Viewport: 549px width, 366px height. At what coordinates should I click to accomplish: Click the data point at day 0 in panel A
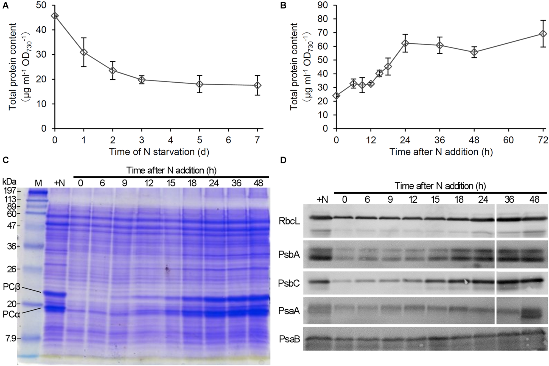click(55, 16)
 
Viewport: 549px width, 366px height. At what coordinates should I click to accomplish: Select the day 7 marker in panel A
click(257, 85)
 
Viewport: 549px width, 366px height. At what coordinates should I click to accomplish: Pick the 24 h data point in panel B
click(405, 43)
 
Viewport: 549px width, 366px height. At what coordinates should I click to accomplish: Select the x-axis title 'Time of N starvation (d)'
click(159, 152)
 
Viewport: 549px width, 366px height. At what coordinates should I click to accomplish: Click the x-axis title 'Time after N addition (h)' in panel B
click(441, 152)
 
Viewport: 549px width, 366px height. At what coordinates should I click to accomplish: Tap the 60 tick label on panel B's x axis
click(508, 140)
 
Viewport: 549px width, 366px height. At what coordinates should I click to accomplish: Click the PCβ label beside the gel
click(12, 287)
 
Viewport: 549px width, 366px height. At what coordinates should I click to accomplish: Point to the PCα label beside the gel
click(11, 314)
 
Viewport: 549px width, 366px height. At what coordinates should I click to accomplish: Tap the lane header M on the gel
click(38, 183)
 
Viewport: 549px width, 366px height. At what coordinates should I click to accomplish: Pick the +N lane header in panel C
click(60, 183)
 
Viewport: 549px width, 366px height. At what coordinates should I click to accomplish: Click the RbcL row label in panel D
click(289, 221)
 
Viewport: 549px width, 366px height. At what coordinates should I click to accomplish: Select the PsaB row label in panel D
click(289, 339)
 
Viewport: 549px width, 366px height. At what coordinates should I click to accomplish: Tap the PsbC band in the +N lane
click(318, 282)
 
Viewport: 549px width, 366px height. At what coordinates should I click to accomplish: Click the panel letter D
click(283, 160)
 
